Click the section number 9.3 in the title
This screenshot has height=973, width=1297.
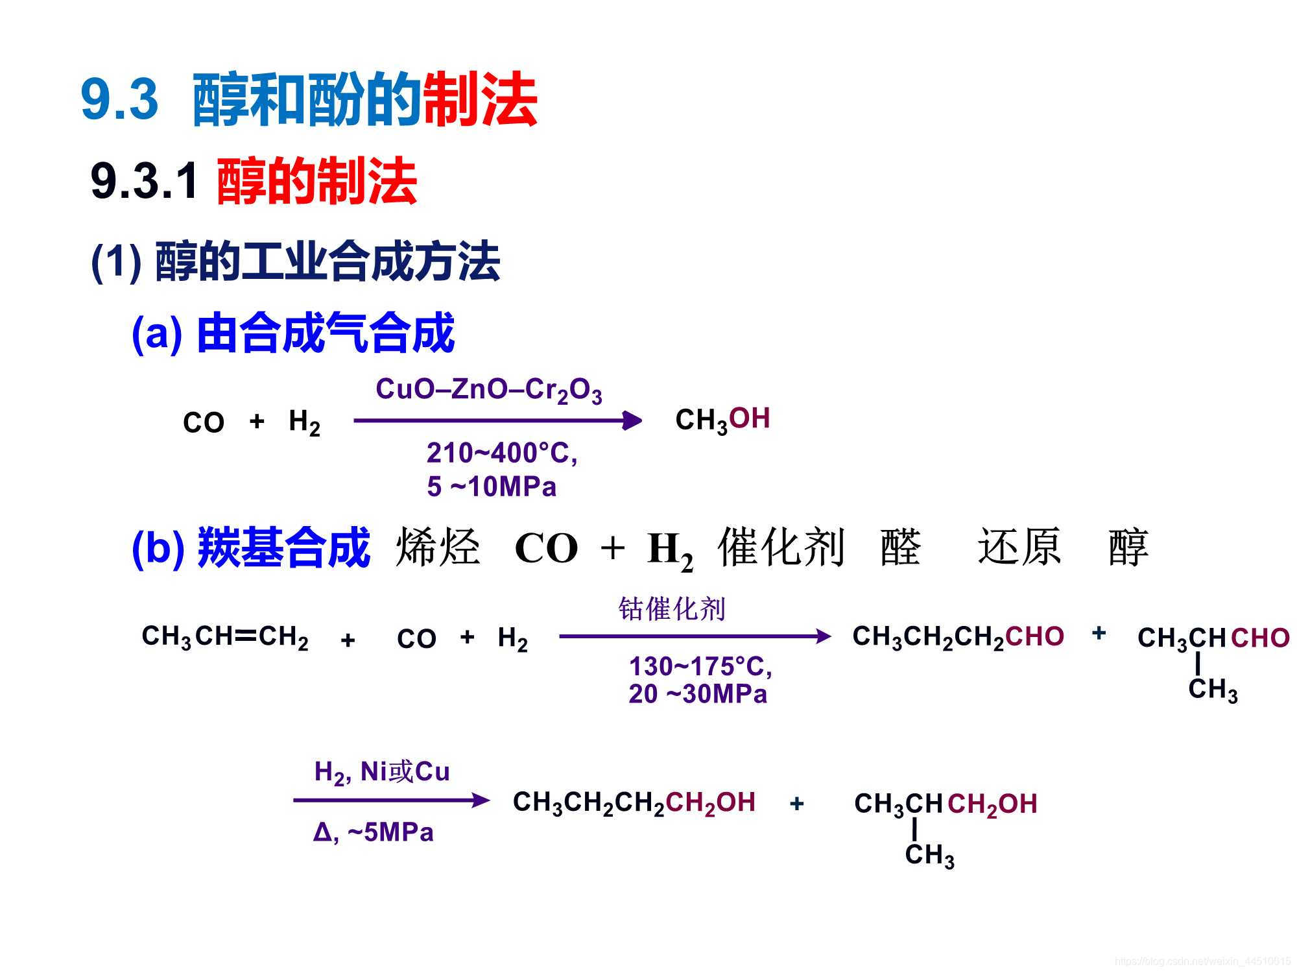pos(119,99)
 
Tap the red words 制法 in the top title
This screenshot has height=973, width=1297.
pos(480,101)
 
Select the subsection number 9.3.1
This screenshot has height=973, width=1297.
pos(144,181)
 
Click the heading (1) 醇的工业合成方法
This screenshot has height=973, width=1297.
pos(296,262)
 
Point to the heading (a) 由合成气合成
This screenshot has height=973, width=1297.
pos(293,333)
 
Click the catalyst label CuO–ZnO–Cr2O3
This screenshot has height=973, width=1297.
pos(489,390)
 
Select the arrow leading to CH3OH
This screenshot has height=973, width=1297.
pos(497,421)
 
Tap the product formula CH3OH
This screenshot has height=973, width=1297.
pos(722,420)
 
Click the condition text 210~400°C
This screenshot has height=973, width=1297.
pos(501,453)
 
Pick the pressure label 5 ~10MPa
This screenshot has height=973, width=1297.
pos(492,486)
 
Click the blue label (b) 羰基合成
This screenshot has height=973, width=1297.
pos(251,547)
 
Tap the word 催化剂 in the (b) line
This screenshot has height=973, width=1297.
pos(781,547)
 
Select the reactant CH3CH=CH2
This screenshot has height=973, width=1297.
pos(225,637)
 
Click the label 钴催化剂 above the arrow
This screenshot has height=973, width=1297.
pos(672,609)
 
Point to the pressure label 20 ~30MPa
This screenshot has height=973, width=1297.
pos(698,694)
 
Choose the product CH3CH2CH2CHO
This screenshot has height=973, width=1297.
pos(958,637)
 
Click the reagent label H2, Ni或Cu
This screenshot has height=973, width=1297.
pos(382,772)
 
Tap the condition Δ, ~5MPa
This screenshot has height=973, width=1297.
pos(373,832)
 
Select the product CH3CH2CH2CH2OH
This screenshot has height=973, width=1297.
pos(634,803)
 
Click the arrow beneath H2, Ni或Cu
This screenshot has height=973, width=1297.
pos(391,800)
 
